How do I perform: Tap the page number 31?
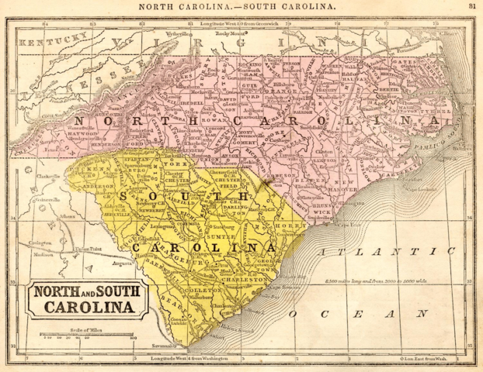[x=471, y=6]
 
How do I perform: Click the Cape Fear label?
[x=328, y=226]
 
